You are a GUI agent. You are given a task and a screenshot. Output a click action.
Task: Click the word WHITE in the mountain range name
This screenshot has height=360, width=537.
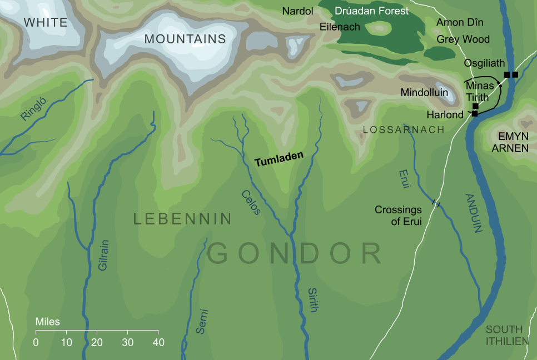[x=46, y=23]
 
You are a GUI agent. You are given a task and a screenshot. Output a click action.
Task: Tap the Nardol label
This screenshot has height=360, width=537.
[x=298, y=11]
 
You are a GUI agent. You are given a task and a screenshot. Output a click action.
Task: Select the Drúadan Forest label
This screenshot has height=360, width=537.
[x=371, y=11]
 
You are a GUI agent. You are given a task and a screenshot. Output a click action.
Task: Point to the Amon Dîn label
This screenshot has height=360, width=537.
[x=460, y=23]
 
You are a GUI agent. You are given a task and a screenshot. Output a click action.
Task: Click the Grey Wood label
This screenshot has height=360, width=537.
[x=463, y=39]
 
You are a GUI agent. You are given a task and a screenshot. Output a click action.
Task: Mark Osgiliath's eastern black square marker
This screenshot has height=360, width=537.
[x=515, y=74]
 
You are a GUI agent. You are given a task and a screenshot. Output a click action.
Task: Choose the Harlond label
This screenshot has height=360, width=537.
[x=445, y=115]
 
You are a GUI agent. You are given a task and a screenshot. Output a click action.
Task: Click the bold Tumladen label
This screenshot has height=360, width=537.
[x=279, y=158]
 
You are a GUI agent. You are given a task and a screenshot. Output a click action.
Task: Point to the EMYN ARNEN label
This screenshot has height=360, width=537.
[x=510, y=143]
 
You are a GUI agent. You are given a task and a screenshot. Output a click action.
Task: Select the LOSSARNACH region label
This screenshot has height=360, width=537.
[x=404, y=130]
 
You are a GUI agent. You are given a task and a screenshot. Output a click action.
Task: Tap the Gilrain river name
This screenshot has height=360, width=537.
[x=103, y=259]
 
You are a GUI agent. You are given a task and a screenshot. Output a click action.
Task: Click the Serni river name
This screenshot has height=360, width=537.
[x=202, y=321]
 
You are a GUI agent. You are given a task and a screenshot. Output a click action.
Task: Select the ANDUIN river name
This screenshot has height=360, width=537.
[x=473, y=213]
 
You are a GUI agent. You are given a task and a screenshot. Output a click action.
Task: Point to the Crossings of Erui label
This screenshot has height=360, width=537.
[x=398, y=216]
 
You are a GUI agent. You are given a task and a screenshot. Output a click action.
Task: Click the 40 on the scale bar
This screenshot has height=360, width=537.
[x=158, y=342]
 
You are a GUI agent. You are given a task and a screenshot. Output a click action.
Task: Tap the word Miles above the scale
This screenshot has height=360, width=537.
[x=47, y=322]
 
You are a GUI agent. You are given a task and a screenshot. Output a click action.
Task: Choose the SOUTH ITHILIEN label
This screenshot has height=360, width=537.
[x=507, y=335]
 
